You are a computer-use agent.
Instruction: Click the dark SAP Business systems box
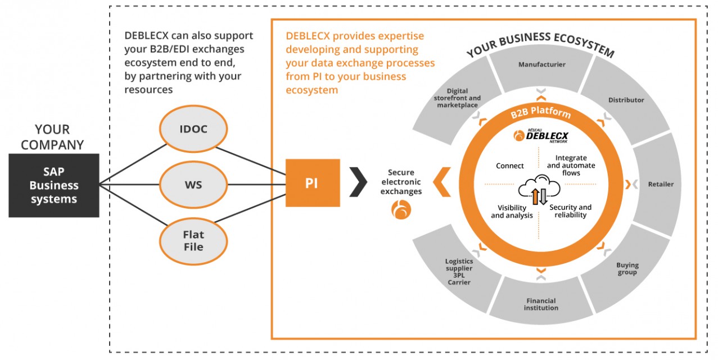click(x=54, y=185)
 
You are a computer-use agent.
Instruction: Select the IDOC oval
click(x=193, y=129)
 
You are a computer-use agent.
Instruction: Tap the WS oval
click(x=193, y=184)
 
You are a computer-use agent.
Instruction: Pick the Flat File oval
click(x=193, y=240)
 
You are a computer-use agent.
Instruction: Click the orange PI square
click(x=313, y=183)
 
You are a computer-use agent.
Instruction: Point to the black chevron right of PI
click(x=358, y=182)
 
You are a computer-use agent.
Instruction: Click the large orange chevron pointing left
click(x=442, y=182)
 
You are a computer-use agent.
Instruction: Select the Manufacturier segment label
click(x=541, y=65)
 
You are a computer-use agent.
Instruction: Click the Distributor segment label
click(x=626, y=100)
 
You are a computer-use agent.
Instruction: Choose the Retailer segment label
click(x=660, y=184)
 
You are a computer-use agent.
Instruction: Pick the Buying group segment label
click(x=627, y=269)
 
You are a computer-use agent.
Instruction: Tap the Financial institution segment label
click(x=541, y=304)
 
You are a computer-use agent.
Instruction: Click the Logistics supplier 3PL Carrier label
click(x=459, y=272)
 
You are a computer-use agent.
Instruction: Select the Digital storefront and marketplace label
click(x=457, y=98)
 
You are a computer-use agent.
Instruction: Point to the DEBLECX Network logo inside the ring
click(x=541, y=136)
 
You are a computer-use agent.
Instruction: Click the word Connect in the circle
click(x=510, y=166)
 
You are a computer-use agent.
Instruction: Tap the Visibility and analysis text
click(x=512, y=211)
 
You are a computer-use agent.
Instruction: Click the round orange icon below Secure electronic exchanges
click(x=401, y=210)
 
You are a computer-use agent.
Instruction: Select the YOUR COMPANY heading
click(x=52, y=137)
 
